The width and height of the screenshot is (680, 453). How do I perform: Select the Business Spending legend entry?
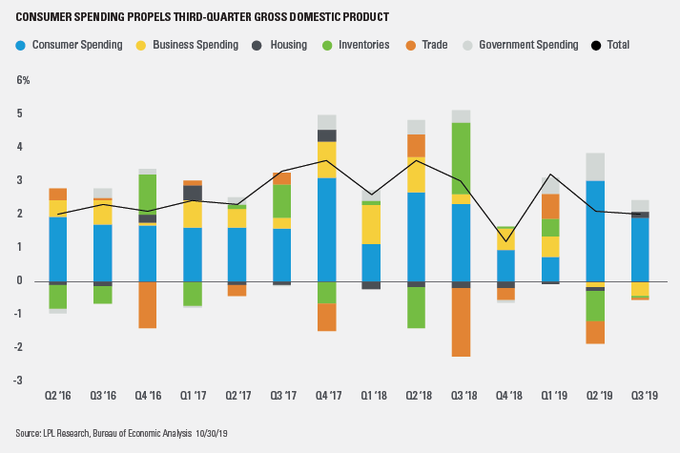click(x=201, y=45)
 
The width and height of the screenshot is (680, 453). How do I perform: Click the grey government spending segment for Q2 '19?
click(x=595, y=167)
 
